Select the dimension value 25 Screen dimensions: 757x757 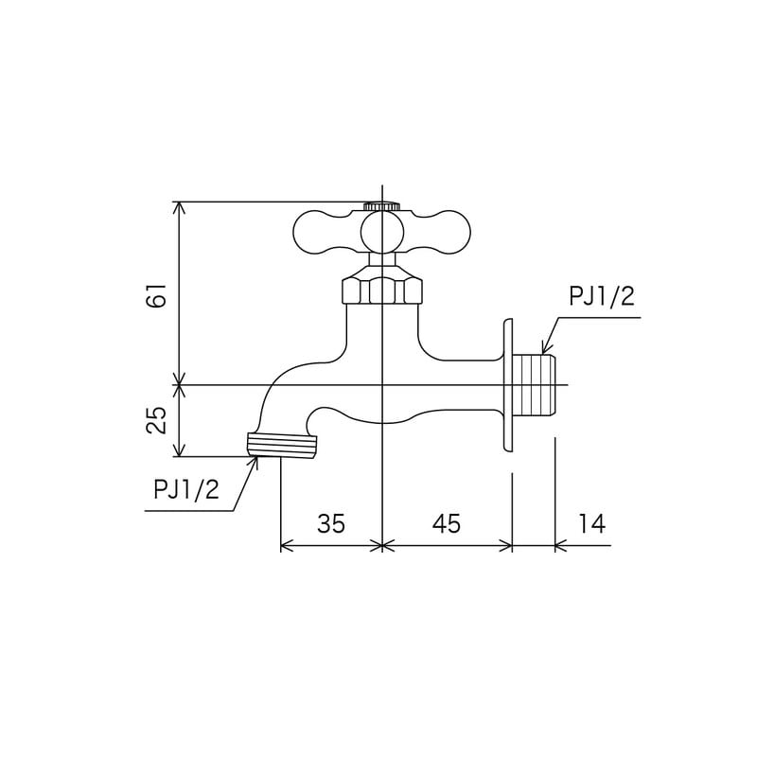click(x=158, y=419)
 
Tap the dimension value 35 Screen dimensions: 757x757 click(x=331, y=523)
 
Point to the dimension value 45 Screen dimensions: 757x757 click(x=446, y=523)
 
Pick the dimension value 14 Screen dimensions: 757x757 click(x=591, y=523)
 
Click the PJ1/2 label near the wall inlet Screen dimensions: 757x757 click(x=601, y=297)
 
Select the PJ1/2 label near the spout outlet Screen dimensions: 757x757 click(x=186, y=489)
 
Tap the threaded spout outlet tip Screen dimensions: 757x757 click(x=281, y=446)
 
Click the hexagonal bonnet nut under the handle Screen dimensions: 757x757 click(x=381, y=288)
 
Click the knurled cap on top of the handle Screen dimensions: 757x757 click(x=381, y=205)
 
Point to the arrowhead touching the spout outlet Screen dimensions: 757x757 click(x=254, y=461)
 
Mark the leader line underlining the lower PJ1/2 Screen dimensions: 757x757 click(x=189, y=511)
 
